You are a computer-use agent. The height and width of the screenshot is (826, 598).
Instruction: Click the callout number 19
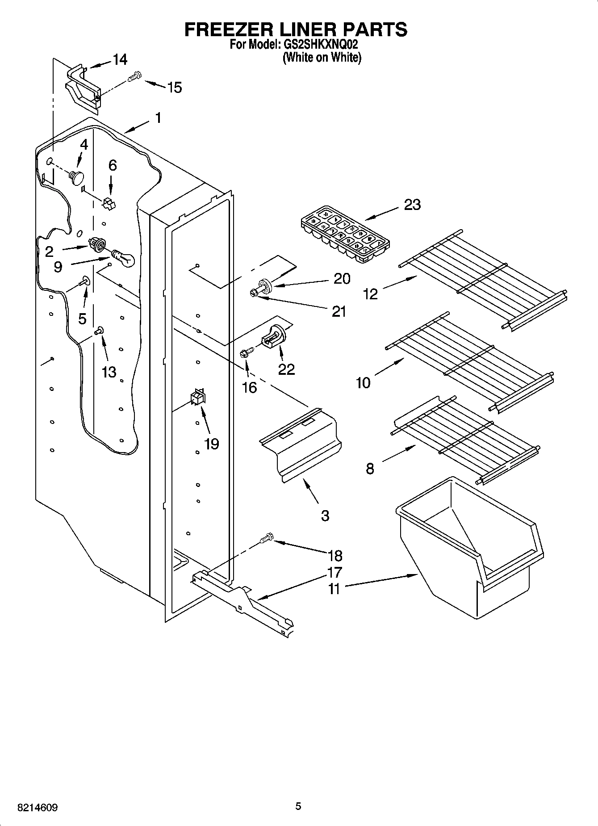[211, 444]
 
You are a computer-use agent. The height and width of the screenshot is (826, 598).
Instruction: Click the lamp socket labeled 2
[97, 244]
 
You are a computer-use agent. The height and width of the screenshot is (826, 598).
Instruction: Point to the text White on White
[322, 57]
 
